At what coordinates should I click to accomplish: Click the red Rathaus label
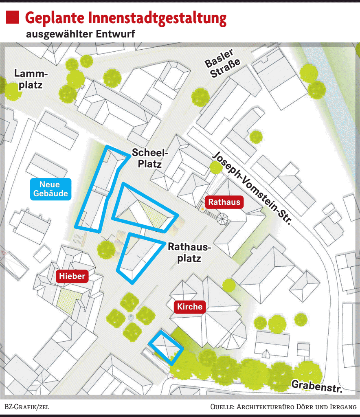[x=224, y=202]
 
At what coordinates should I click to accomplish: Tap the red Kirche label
[x=190, y=307]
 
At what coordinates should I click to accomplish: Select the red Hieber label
[x=72, y=276]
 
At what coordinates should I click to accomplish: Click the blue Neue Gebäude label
[x=51, y=189]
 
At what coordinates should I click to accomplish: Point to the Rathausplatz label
[x=190, y=252]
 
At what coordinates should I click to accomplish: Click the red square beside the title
[x=13, y=18]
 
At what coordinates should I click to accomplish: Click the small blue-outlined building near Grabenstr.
[x=166, y=347]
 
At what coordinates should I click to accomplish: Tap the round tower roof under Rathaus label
[x=223, y=219]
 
